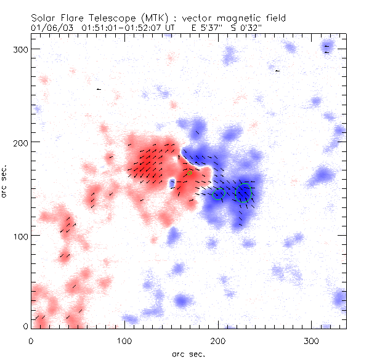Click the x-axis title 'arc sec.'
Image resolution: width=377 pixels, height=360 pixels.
(187, 354)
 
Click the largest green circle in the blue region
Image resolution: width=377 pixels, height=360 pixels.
(244, 193)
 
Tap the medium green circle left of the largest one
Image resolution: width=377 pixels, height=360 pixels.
(218, 194)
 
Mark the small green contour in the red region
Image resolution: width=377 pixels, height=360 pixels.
(189, 173)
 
